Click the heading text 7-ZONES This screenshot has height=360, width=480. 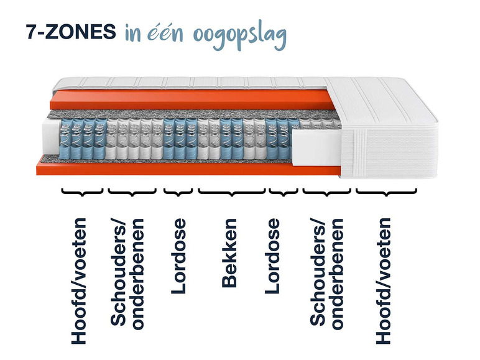point(70,32)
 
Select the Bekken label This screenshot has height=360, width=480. point(229,253)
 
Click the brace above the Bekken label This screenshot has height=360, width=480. point(232,195)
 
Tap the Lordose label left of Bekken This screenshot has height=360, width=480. point(179,256)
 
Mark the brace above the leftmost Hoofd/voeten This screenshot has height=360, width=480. point(81,195)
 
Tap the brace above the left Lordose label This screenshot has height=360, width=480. point(178,195)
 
